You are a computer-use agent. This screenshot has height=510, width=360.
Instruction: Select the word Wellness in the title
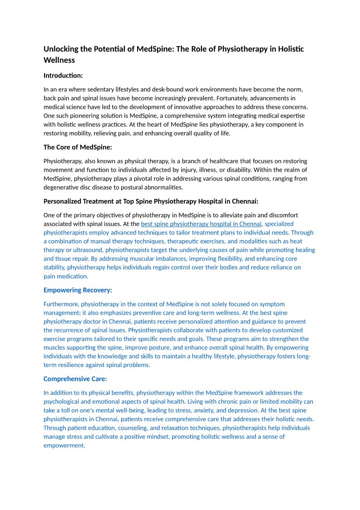(x=59, y=60)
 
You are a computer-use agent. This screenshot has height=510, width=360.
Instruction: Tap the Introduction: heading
(x=63, y=75)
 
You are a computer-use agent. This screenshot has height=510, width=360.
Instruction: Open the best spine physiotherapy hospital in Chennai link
(x=202, y=224)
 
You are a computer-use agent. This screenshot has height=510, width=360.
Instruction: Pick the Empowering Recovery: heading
(x=78, y=290)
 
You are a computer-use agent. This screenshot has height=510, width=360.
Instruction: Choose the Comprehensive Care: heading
(x=75, y=379)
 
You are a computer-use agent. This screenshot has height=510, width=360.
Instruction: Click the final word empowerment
(x=64, y=446)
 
